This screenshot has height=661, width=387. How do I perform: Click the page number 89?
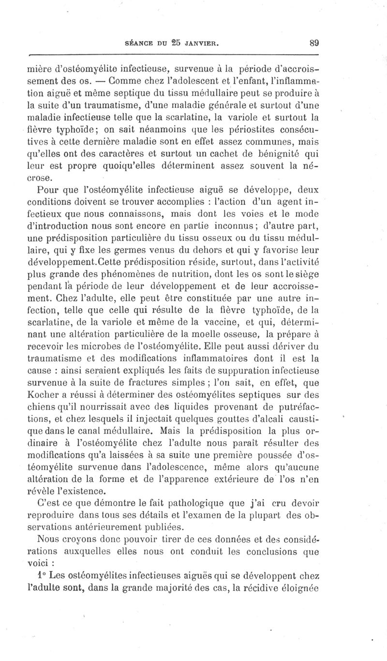click(313, 43)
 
